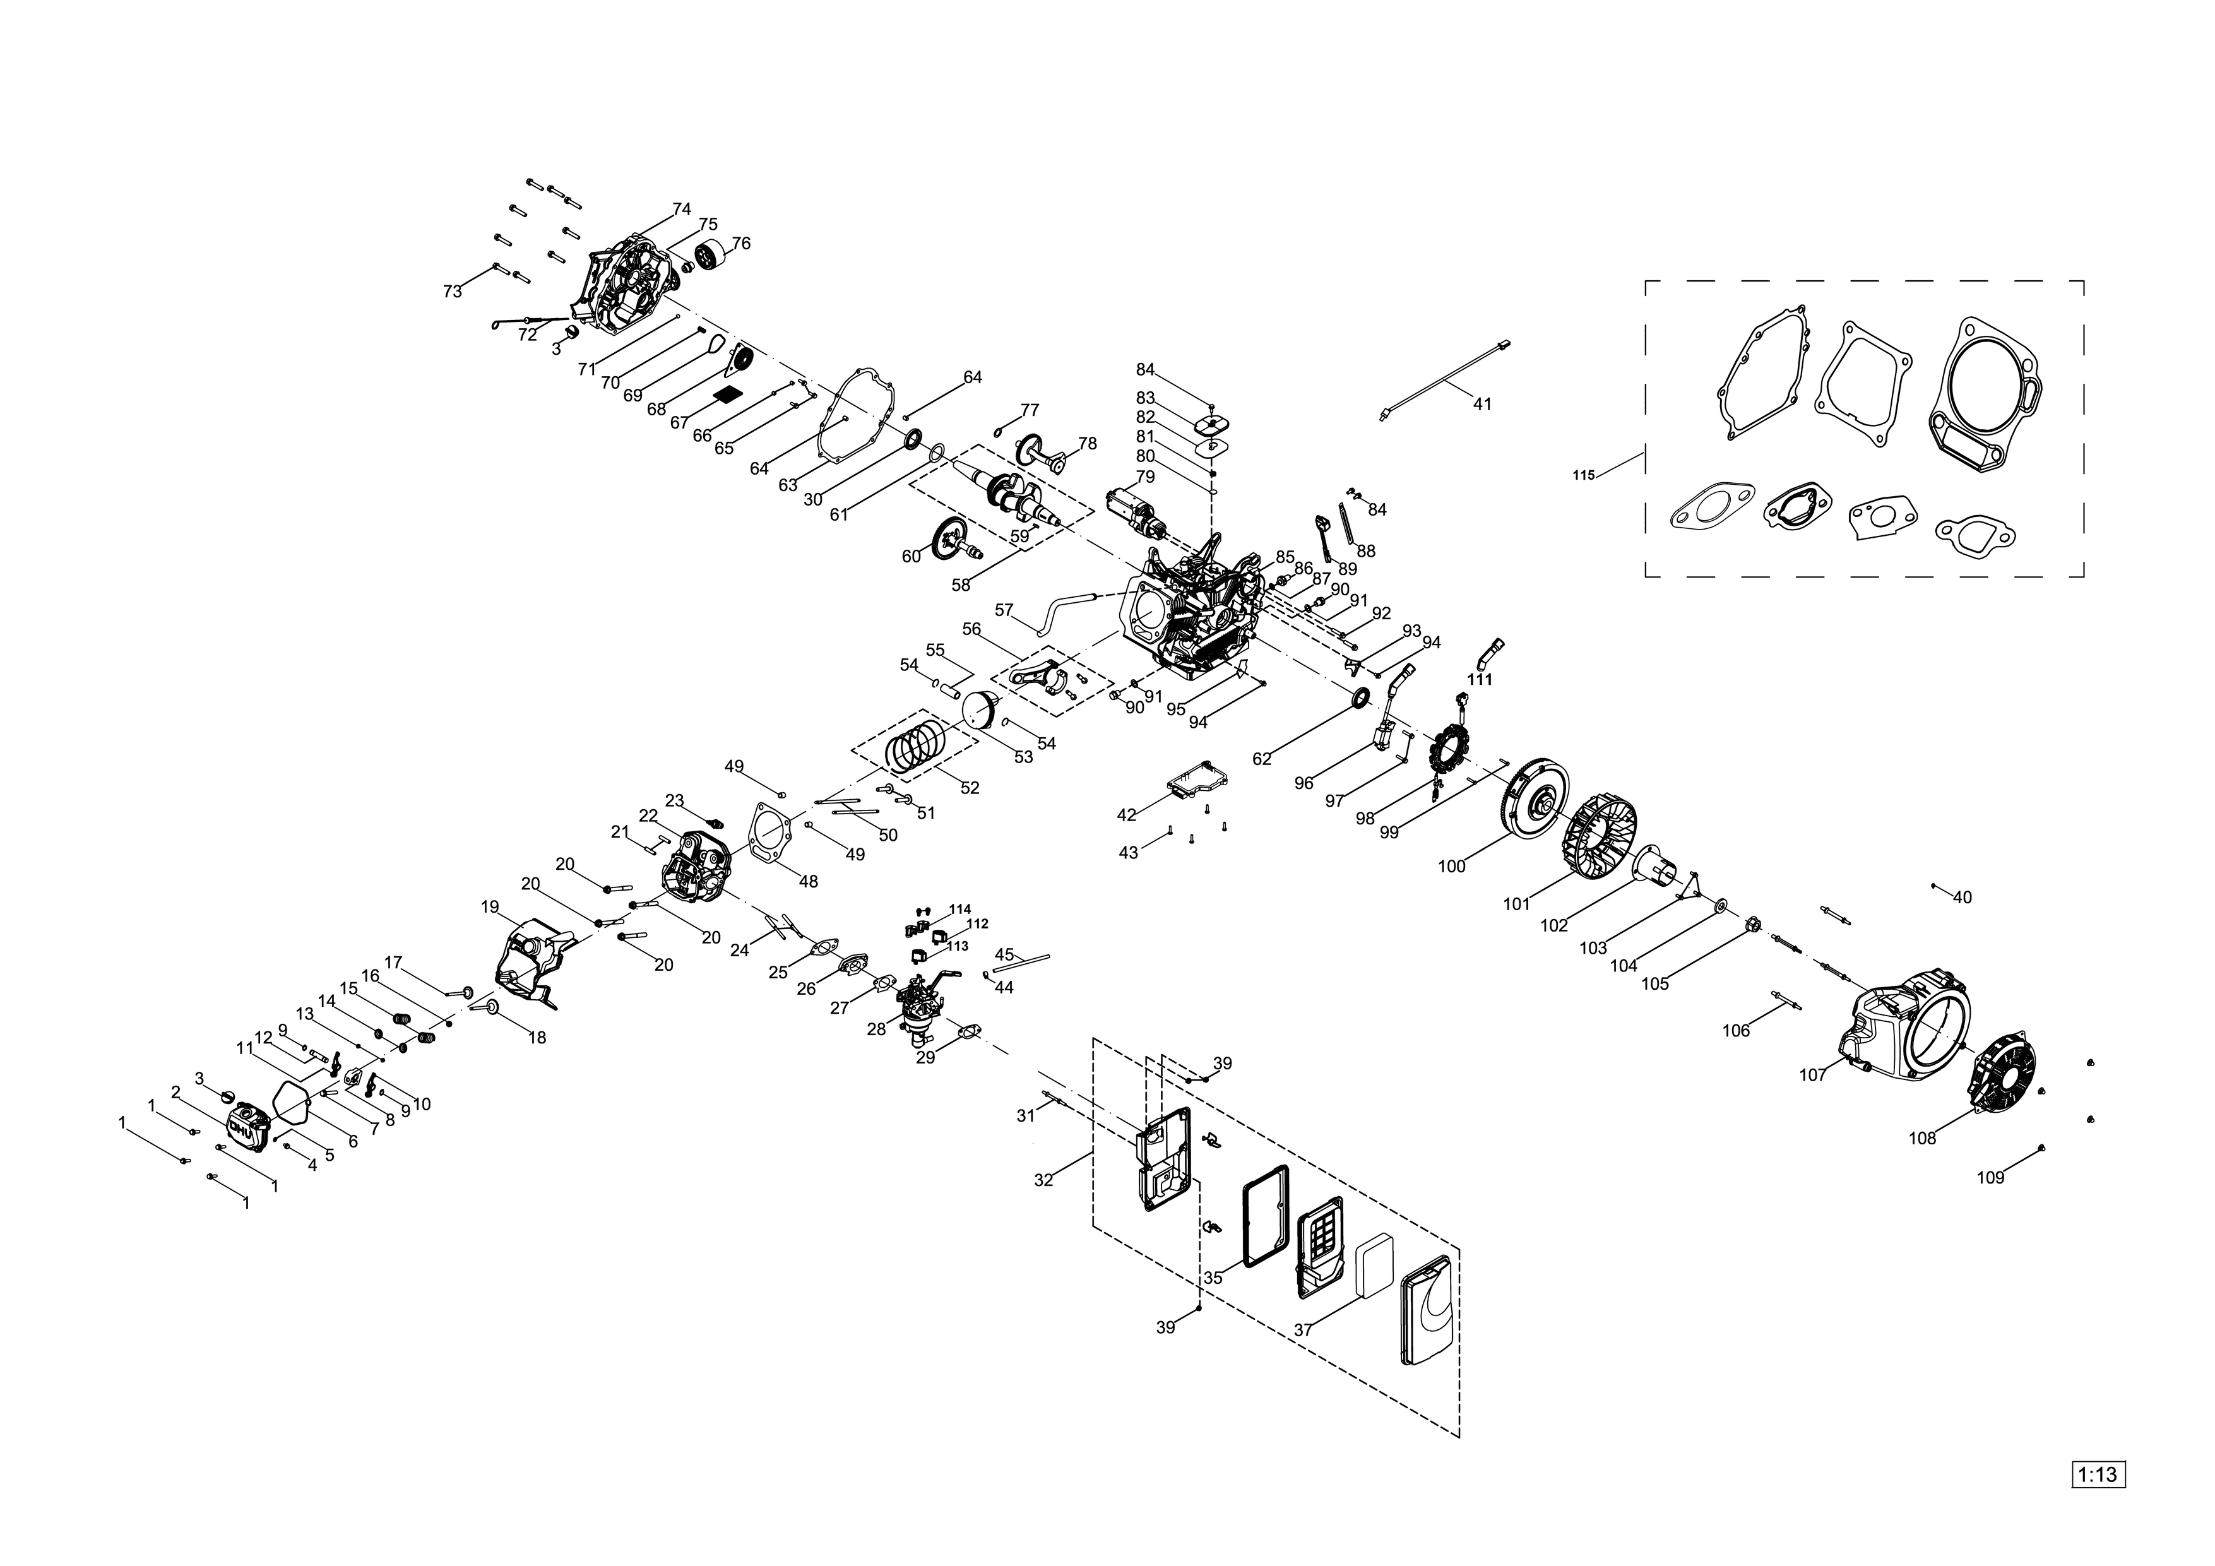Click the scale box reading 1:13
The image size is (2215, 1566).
point(2098,1475)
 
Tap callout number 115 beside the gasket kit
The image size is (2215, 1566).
point(1583,475)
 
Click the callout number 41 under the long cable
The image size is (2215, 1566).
point(1482,405)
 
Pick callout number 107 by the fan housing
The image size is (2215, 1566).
point(1813,1075)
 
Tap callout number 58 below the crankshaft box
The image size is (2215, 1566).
point(961,584)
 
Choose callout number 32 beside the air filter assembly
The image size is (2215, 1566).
point(1044,1180)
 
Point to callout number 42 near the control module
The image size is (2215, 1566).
point(1127,816)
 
